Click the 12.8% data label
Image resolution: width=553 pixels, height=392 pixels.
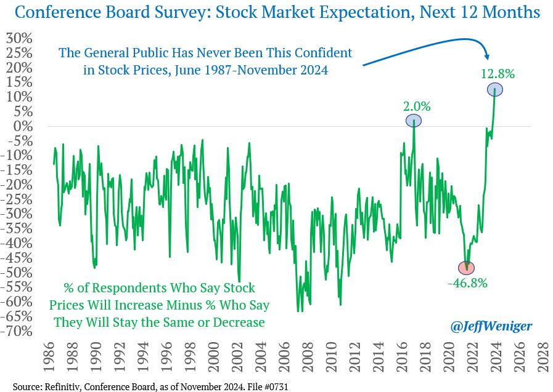click(498, 74)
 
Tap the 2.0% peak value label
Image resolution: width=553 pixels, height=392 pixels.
click(417, 106)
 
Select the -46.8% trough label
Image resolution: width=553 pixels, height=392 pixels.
click(467, 283)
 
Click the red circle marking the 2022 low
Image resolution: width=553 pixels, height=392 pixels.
click(467, 268)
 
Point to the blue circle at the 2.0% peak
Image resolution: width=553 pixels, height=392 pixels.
click(413, 121)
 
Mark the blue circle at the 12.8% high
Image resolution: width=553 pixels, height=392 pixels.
click(495, 90)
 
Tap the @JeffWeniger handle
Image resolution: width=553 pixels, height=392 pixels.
click(491, 326)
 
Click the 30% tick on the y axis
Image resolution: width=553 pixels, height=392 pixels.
click(19, 38)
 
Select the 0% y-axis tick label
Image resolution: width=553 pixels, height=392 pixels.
click(23, 126)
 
